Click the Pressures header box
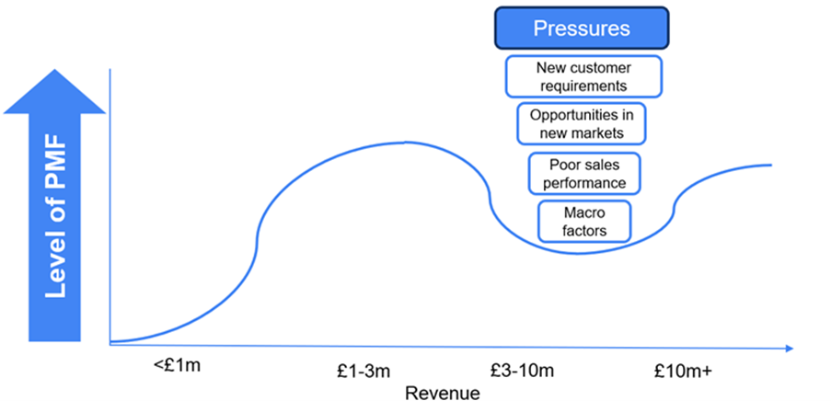click(x=582, y=29)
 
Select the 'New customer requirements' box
click(x=582, y=76)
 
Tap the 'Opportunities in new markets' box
click(x=582, y=124)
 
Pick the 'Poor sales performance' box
click(x=583, y=174)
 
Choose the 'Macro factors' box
click(x=584, y=222)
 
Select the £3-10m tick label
click(x=523, y=372)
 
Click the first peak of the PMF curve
click(x=405, y=143)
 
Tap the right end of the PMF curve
click(x=769, y=165)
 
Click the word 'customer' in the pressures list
click(x=595, y=68)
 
